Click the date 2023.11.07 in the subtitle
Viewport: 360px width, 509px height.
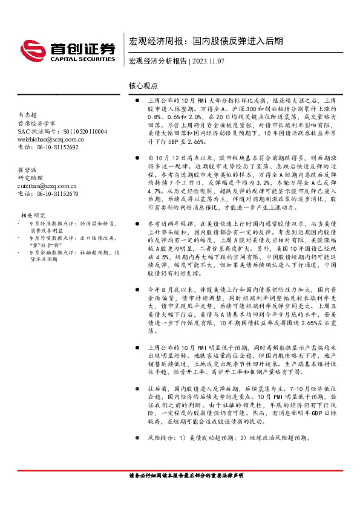(x=209, y=61)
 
